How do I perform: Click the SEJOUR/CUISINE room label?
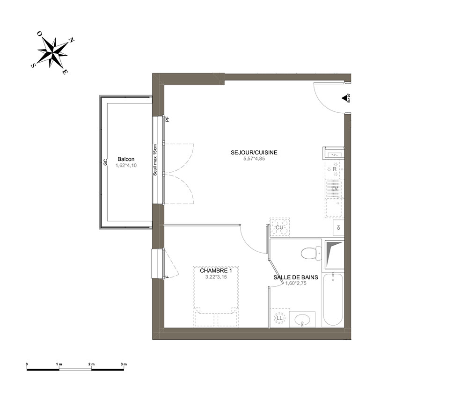(254, 153)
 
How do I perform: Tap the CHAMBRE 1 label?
(216, 270)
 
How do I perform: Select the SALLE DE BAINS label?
(296, 277)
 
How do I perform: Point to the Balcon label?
(126, 160)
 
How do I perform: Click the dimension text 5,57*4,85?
(254, 159)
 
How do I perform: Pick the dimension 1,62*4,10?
(126, 165)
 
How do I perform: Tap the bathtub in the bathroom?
(333, 299)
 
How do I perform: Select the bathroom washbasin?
(302, 320)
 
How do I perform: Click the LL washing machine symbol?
(279, 318)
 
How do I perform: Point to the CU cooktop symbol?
(280, 227)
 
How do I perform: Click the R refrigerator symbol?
(335, 169)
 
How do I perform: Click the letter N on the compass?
(72, 40)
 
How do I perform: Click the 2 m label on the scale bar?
(91, 364)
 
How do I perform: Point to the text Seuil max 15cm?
(155, 160)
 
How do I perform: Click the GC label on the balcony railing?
(105, 162)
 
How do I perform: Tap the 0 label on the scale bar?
(27, 364)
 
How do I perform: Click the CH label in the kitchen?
(338, 228)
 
